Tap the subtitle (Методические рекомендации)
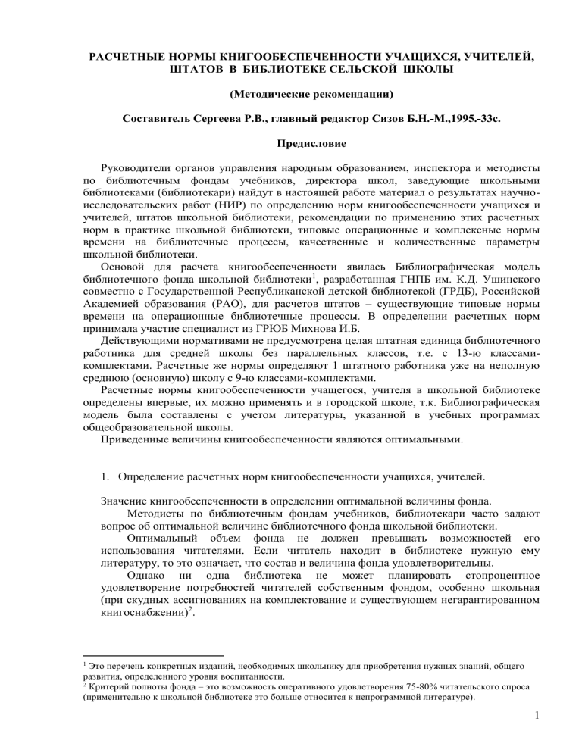pos(291,98)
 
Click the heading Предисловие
pos(291,142)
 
